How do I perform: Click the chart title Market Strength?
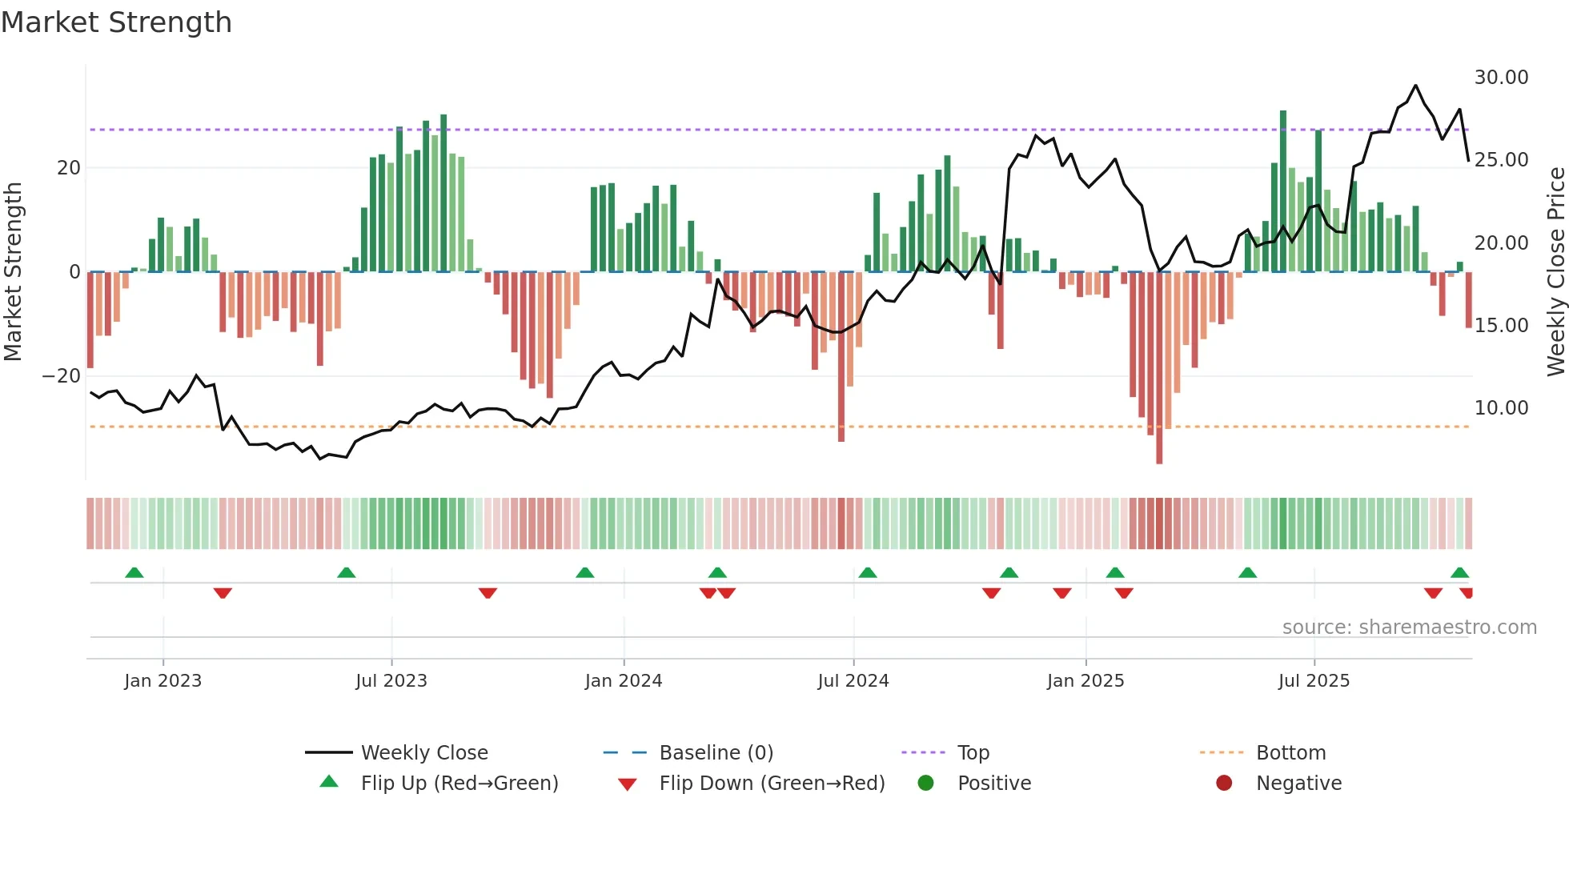click(x=116, y=22)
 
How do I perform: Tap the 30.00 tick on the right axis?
click(x=1501, y=78)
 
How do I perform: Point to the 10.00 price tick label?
click(x=1501, y=408)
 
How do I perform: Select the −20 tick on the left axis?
click(x=62, y=376)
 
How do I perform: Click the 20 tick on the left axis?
click(x=69, y=168)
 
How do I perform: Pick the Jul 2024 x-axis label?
click(x=853, y=681)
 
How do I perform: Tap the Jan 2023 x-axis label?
click(x=163, y=681)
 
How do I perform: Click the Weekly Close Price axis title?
click(x=1555, y=272)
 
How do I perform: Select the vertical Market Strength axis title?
click(x=14, y=272)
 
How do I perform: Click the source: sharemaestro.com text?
click(x=1409, y=627)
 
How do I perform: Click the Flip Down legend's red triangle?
click(x=628, y=784)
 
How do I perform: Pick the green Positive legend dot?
click(x=926, y=784)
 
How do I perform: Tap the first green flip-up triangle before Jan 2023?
click(x=134, y=573)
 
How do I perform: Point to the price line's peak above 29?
click(x=1415, y=86)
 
